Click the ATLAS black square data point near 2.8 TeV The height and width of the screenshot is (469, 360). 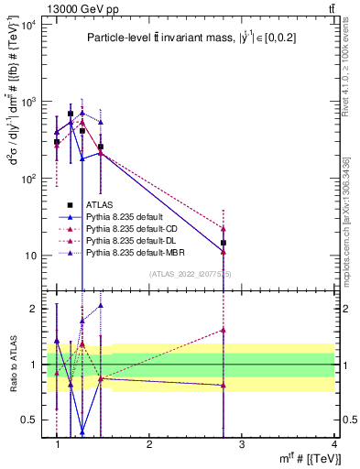224,243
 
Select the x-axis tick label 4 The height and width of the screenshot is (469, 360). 334,443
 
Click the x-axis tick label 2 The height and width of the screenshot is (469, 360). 149,443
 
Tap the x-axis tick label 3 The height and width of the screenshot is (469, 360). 242,443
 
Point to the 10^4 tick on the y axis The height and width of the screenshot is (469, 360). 29,25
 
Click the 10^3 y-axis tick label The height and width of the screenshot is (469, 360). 29,102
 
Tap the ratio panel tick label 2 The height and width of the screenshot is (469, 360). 35,309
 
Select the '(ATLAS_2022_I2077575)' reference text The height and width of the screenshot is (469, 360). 191,274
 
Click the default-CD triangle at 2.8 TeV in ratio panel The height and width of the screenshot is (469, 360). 224,329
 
